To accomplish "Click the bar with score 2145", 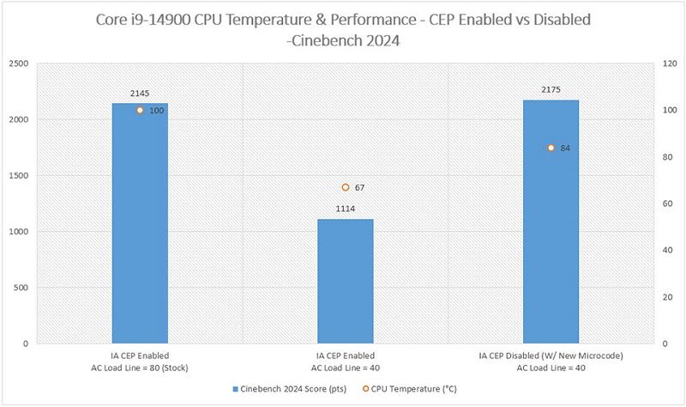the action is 140,223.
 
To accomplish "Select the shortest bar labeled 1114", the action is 346,282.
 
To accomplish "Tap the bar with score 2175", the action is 551,222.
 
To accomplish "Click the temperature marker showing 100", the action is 140,111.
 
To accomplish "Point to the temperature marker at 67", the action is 346,187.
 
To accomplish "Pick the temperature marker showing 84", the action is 551,148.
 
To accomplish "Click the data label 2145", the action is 140,94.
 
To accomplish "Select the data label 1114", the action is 346,209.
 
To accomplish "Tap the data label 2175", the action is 551,90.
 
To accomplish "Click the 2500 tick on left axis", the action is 18,64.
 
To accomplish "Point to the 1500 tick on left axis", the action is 18,176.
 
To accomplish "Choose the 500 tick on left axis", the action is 21,288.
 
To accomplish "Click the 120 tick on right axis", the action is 670,64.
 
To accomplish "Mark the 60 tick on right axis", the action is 667,203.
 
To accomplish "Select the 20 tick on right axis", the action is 667,297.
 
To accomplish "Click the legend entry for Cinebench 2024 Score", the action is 290,389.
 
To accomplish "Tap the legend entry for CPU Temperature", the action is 410,389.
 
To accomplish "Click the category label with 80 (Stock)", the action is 140,361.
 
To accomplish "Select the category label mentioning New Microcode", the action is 551,361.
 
